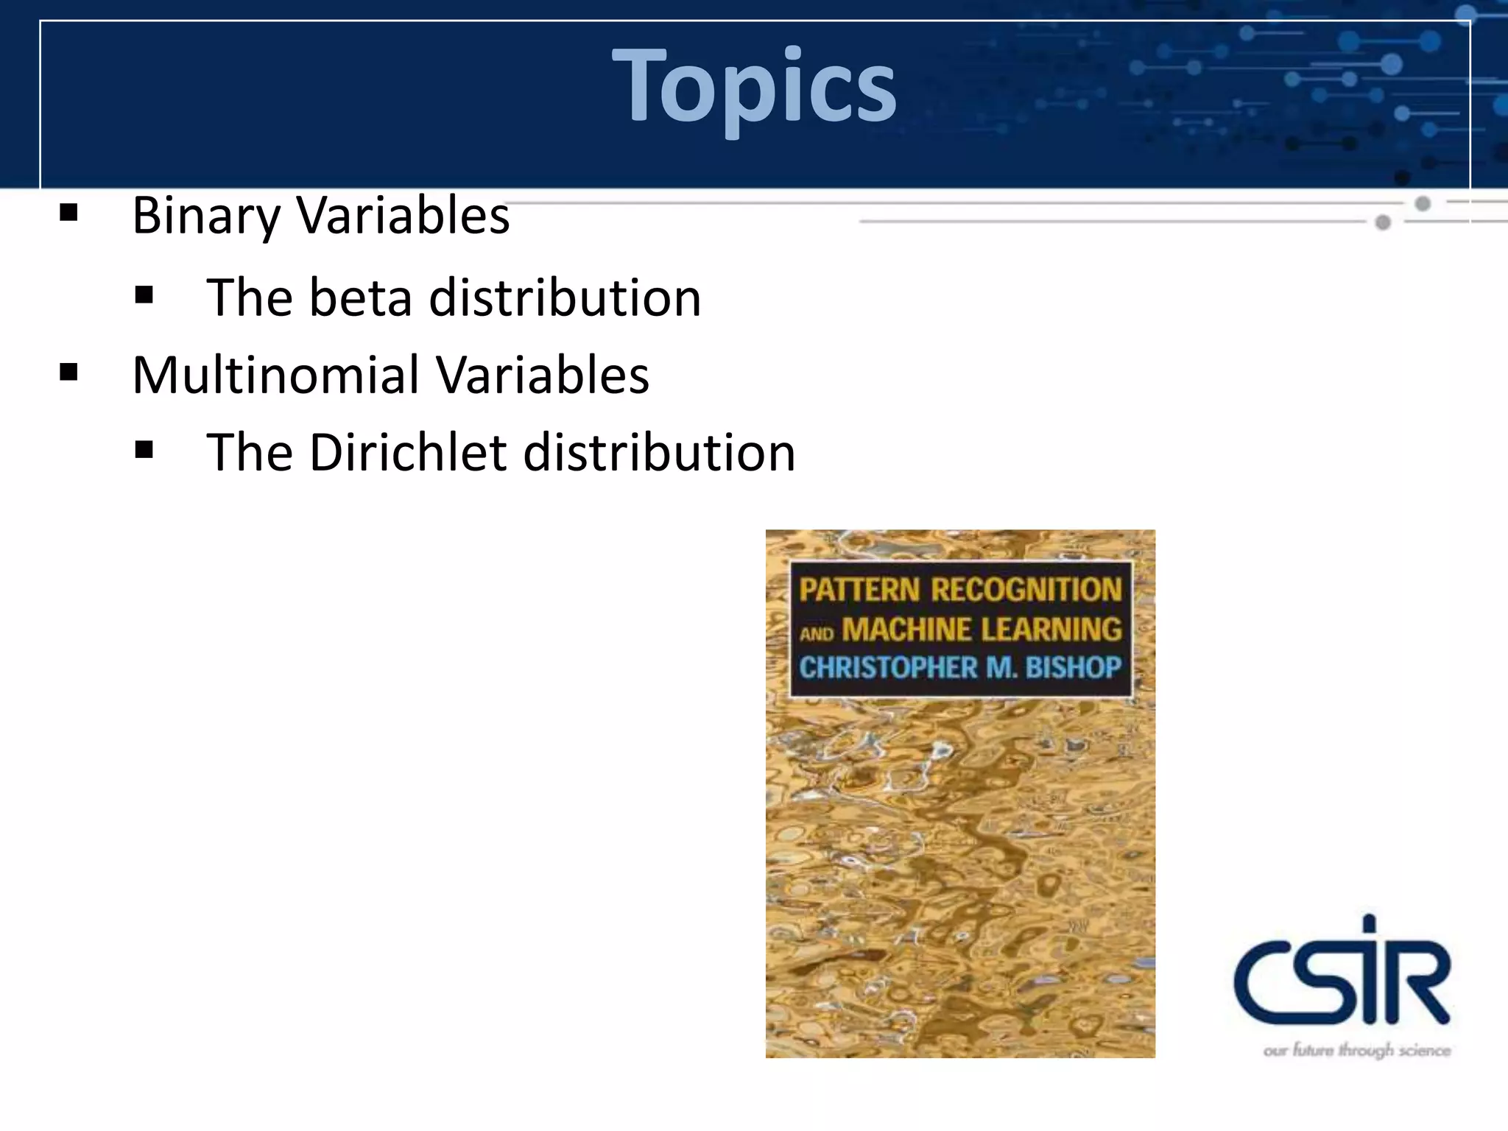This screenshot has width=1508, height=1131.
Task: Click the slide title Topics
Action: pos(754,85)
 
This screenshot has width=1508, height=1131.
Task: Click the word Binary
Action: pos(205,216)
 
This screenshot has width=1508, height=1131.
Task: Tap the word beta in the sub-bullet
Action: pos(360,297)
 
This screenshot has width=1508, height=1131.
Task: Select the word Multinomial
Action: pos(275,375)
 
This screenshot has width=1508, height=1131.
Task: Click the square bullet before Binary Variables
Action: pos(68,214)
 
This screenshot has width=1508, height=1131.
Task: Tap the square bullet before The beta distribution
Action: pos(144,296)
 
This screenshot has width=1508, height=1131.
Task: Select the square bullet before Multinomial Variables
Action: pos(68,373)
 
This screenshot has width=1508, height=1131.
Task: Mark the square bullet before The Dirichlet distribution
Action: pos(144,450)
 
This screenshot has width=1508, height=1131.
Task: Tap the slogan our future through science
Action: pos(1356,1050)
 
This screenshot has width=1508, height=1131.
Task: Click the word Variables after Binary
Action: pos(403,216)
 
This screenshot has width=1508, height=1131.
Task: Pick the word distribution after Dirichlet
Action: pos(659,452)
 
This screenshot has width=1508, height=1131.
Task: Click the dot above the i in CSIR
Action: pos(1368,923)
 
